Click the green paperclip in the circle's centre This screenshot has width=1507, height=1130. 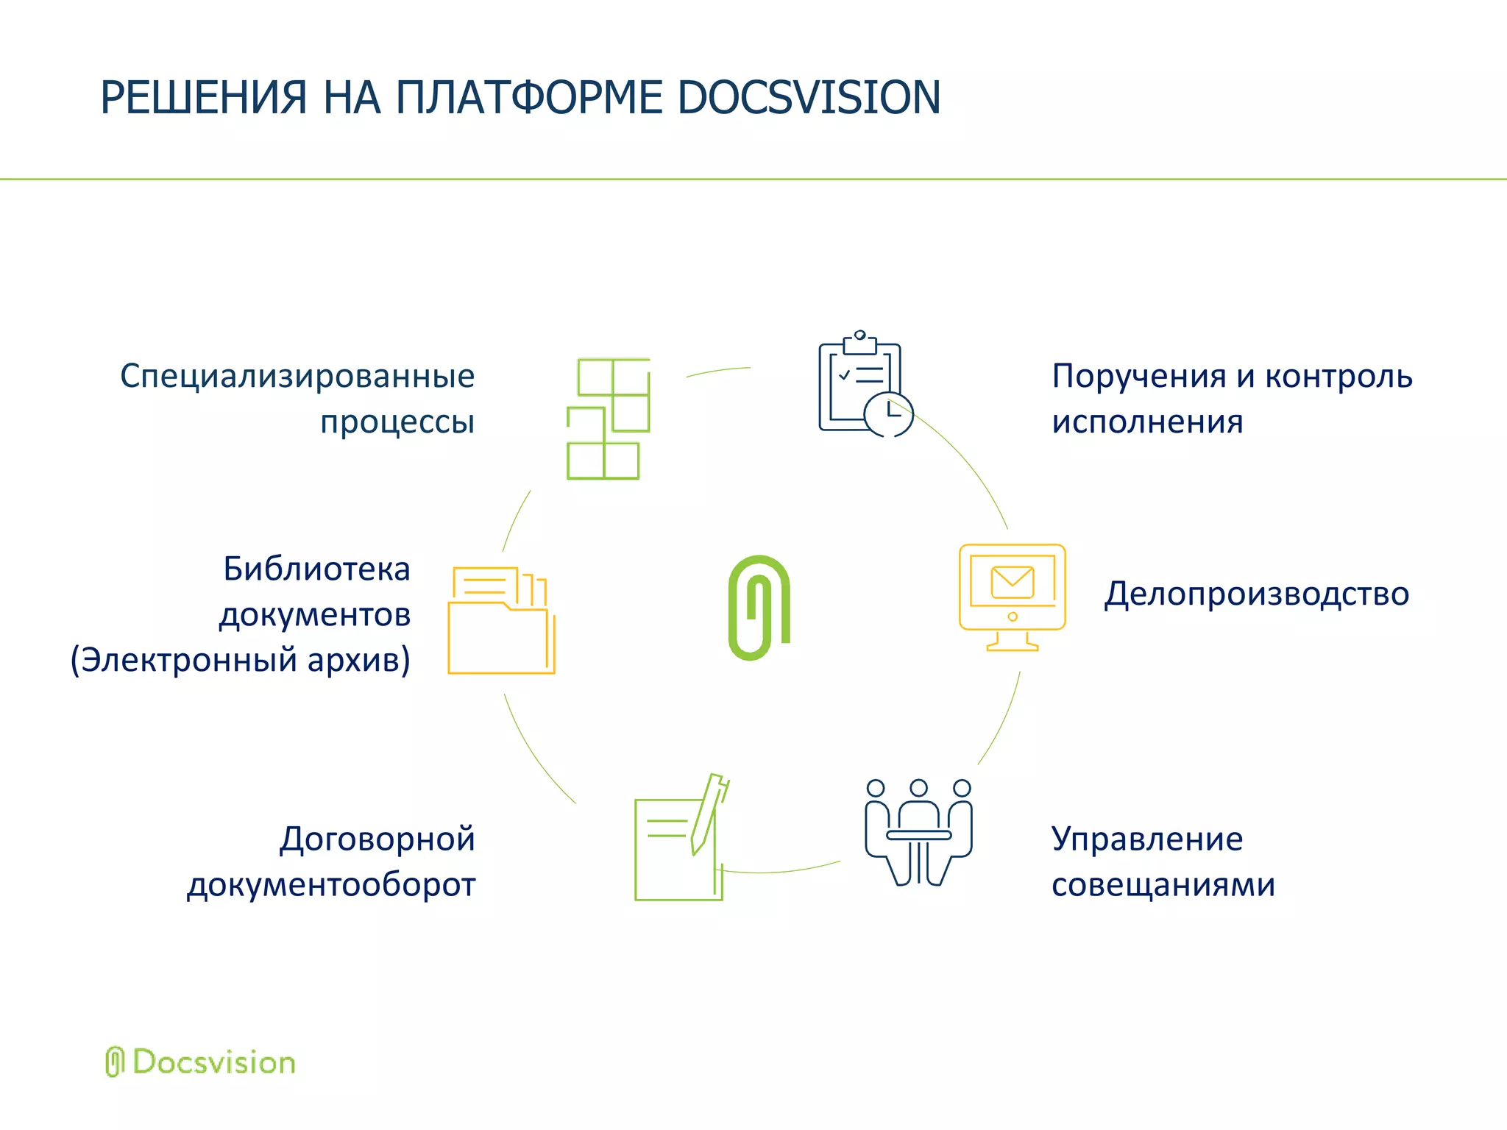coord(759,607)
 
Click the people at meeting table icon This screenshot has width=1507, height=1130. coord(918,832)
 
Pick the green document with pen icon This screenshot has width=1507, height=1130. coord(681,839)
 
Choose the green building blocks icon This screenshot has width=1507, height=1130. coord(608,419)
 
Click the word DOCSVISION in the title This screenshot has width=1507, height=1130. coord(809,98)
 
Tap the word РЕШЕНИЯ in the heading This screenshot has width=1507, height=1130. coord(203,98)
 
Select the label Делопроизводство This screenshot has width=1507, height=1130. coord(1256,594)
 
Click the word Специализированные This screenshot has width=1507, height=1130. coord(297,376)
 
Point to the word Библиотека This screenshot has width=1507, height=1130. coord(316,569)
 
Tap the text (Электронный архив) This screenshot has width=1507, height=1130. coord(240,660)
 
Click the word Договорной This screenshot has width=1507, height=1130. coord(377,839)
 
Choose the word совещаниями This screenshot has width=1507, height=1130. coord(1163,884)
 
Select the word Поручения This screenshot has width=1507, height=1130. coord(1140,376)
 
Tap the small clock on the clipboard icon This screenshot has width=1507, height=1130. coord(889,414)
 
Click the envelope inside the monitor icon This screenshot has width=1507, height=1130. coord(1013,582)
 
